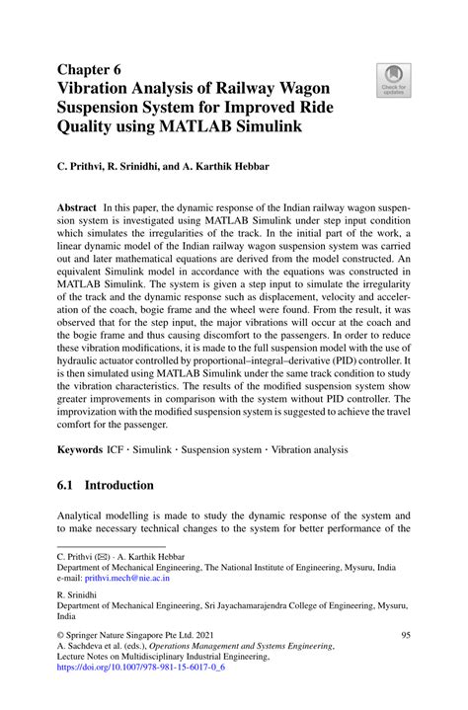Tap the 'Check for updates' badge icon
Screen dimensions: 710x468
[393, 80]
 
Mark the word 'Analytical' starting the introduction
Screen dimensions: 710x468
[84, 515]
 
